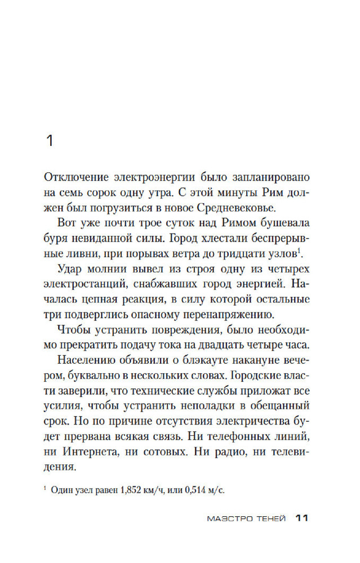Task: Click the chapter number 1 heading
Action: coord(49,141)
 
